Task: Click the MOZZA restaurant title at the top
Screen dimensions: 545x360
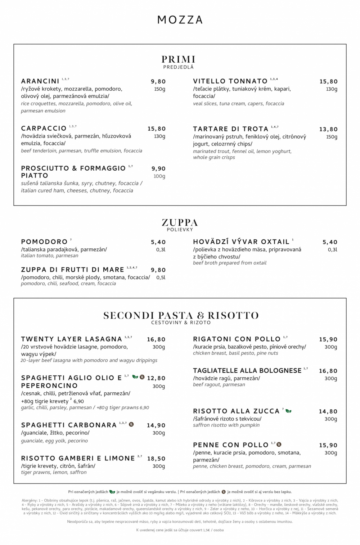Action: (180, 20)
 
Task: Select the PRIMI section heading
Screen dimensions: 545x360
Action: (179, 59)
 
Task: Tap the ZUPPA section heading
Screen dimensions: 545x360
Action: (180, 222)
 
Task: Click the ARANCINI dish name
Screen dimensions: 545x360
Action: (40, 81)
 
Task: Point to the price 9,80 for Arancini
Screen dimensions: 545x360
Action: (158, 82)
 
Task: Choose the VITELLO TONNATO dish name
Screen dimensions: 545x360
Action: (230, 81)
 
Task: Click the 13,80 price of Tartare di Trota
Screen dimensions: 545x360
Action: (328, 129)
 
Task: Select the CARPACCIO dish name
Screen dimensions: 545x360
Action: (44, 129)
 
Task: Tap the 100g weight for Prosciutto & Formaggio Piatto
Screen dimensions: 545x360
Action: (159, 176)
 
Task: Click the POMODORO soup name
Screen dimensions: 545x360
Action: (44, 242)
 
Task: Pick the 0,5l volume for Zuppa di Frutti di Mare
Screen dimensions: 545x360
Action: (161, 278)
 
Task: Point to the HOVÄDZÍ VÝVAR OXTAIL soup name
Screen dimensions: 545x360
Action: (241, 242)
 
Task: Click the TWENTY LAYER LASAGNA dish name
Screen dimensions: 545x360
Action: (71, 339)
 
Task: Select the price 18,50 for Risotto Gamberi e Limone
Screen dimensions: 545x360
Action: (156, 459)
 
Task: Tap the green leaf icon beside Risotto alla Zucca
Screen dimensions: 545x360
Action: (289, 411)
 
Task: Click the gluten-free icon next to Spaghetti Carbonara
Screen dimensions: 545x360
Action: (131, 424)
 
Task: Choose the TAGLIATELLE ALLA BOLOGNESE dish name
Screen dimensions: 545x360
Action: (247, 371)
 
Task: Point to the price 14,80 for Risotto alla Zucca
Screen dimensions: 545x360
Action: (328, 411)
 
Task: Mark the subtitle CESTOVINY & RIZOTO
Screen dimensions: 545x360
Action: (181, 323)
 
